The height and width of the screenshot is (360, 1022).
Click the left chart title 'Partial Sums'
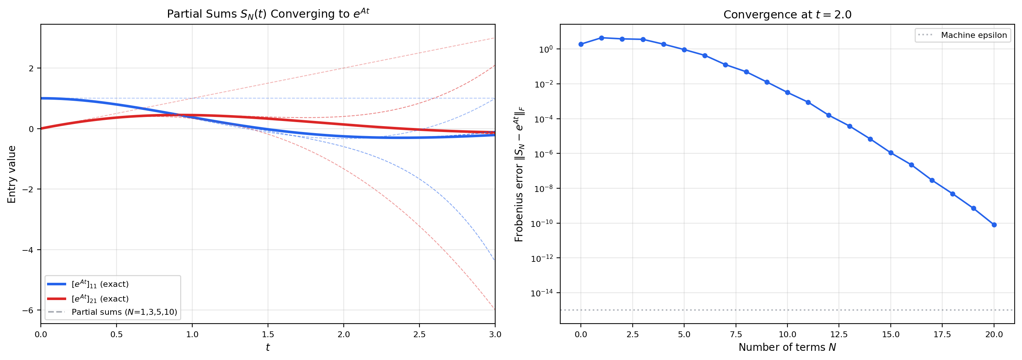coord(268,14)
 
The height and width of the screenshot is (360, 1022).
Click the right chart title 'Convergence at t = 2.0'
coord(787,15)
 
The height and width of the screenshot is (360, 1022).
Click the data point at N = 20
coord(994,225)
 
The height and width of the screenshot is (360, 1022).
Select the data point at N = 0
coord(581,44)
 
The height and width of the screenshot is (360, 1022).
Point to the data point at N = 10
coord(787,92)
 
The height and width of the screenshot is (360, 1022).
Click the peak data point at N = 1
coord(601,38)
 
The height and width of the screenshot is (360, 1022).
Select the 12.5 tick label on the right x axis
coord(839,335)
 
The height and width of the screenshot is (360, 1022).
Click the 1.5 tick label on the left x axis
coord(268,335)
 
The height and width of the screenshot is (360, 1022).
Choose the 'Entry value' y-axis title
coord(12,174)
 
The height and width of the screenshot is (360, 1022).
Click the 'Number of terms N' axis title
coord(787,347)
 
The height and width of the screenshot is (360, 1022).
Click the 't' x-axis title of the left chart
coord(268,347)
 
